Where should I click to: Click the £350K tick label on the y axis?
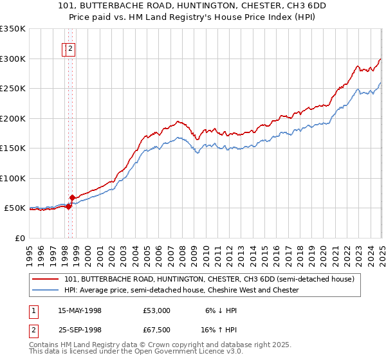[x=13, y=29]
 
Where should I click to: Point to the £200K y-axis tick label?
[x=13, y=118]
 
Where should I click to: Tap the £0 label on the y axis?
[x=21, y=239]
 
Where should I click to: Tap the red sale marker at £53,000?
[x=69, y=206]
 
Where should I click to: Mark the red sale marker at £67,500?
[x=73, y=197]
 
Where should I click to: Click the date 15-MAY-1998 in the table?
[x=80, y=310]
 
